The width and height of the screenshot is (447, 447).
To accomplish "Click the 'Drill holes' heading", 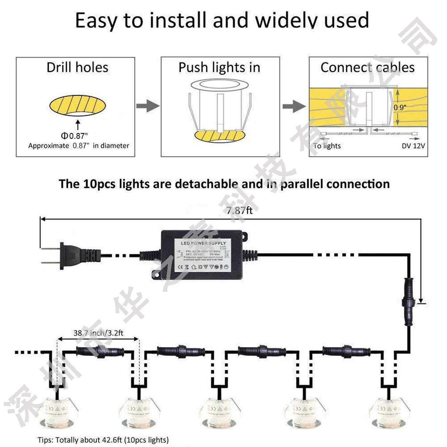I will (77, 68).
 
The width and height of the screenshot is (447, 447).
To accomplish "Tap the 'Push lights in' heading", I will (219, 68).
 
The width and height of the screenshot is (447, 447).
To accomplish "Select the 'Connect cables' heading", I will (367, 68).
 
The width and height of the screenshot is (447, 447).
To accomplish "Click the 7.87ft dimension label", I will (240, 210).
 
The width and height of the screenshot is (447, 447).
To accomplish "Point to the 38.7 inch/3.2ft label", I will (98, 333).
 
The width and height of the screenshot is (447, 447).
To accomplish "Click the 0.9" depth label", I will (400, 108).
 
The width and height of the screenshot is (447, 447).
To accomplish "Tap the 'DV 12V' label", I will (413, 146).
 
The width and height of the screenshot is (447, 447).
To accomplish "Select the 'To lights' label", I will (327, 146).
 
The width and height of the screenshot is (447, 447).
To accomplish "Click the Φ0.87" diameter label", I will (74, 136).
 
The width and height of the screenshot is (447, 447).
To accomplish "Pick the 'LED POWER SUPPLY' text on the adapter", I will (203, 243).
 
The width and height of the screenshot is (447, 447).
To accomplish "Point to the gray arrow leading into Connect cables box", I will (294, 106).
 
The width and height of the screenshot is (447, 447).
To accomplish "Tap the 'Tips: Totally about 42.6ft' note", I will (103, 440).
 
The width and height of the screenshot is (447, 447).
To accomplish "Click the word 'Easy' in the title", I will (96, 21).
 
